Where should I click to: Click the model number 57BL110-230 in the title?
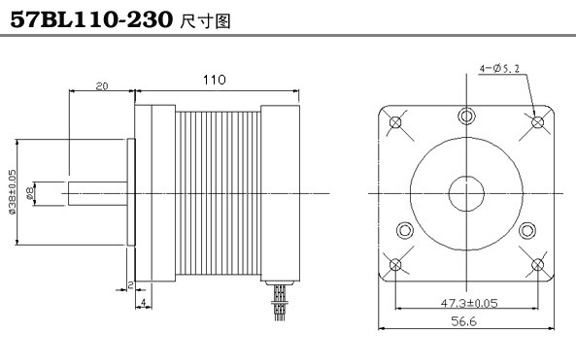point(91,19)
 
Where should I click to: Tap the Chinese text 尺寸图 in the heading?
point(205,21)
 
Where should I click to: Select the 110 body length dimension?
point(215,80)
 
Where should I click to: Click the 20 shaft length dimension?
point(102,86)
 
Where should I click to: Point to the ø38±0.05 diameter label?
point(12,191)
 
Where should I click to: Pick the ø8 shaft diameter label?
point(30,193)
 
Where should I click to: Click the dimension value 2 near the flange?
point(130,284)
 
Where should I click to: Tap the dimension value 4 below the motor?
point(144,302)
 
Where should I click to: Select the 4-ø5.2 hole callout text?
point(499,68)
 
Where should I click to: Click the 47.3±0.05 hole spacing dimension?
point(469,303)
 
